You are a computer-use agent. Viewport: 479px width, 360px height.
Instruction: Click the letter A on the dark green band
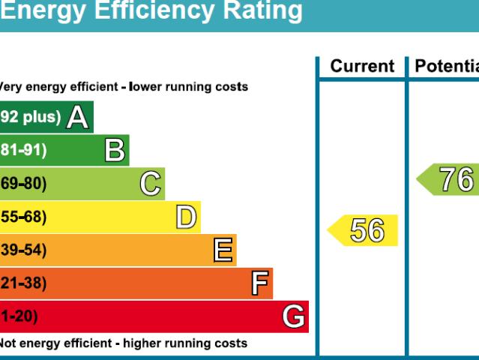(x=77, y=118)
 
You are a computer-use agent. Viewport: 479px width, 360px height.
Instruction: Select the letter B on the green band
(x=115, y=151)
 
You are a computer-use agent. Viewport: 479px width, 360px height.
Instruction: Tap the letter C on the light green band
(x=151, y=184)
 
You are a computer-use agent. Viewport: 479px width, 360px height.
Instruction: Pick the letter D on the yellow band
(x=186, y=217)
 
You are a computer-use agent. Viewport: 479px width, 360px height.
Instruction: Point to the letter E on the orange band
(x=223, y=250)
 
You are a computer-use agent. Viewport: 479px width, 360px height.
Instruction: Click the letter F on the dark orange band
(x=259, y=283)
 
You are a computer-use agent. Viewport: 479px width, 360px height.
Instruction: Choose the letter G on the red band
(x=294, y=317)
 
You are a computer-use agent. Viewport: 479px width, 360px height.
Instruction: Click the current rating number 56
(x=367, y=231)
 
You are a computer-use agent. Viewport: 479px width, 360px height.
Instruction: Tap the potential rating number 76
(x=456, y=180)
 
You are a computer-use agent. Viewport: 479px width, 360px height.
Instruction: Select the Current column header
(x=362, y=67)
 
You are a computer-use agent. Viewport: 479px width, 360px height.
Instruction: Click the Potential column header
(x=447, y=67)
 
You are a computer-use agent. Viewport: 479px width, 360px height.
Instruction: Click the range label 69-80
(x=22, y=184)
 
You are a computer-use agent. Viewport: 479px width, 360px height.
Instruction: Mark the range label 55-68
(x=22, y=217)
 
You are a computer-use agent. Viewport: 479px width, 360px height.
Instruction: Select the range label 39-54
(x=22, y=250)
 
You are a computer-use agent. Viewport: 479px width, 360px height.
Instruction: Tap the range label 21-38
(x=22, y=283)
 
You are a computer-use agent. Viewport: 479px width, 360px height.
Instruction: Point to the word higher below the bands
(x=148, y=343)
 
